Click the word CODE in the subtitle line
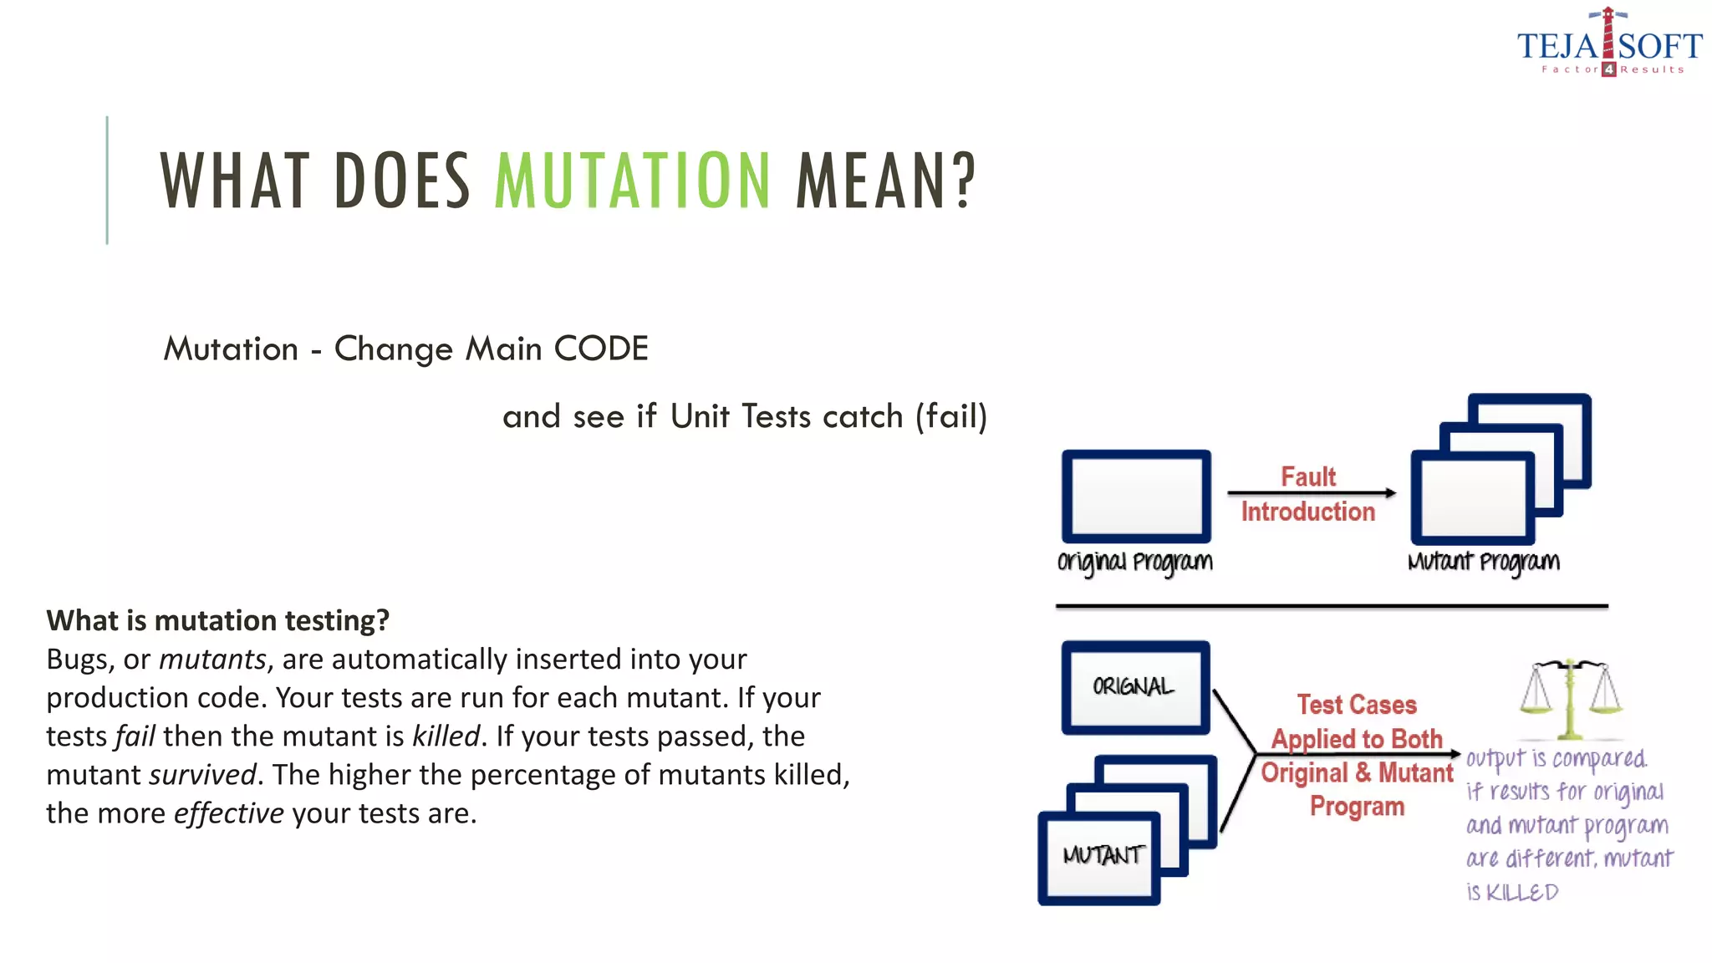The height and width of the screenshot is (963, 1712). pyautogui.click(x=601, y=349)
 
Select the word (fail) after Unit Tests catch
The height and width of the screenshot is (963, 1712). pyautogui.click(x=951, y=416)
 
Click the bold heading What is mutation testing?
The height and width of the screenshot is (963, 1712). pyautogui.click(x=217, y=620)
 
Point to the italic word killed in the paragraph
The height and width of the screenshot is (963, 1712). pyautogui.click(x=446, y=736)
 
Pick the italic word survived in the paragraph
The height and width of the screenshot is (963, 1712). pyautogui.click(x=202, y=775)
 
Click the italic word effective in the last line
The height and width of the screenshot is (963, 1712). pyautogui.click(x=228, y=813)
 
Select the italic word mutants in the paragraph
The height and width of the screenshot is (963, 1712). pyautogui.click(x=212, y=660)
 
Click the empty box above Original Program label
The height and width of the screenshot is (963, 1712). pyautogui.click(x=1136, y=497)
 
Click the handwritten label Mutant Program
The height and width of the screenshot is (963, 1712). pyautogui.click(x=1483, y=562)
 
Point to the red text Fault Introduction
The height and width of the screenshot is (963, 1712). pyautogui.click(x=1307, y=494)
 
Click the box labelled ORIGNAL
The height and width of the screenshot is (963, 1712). pyautogui.click(x=1134, y=687)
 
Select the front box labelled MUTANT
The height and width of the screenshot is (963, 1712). pyautogui.click(x=1100, y=857)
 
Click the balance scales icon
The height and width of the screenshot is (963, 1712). pyautogui.click(x=1570, y=697)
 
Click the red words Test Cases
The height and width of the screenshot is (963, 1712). pyautogui.click(x=1357, y=705)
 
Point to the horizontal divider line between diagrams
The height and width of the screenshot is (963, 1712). pyautogui.click(x=1331, y=606)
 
